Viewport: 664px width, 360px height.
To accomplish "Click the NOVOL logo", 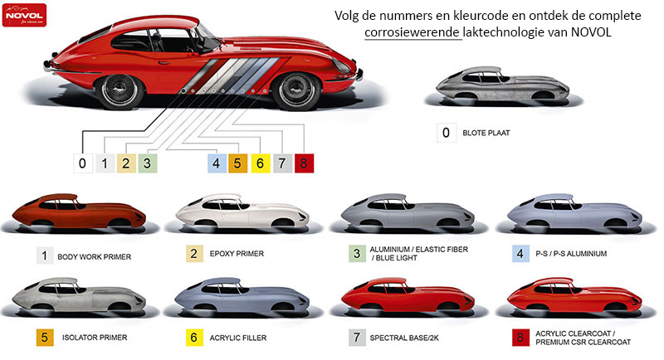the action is (x=24, y=15).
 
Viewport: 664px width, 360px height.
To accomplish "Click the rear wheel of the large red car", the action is (x=120, y=90).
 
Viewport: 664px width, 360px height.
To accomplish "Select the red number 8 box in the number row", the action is (x=304, y=163).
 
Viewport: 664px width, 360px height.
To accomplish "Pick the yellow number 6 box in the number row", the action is (x=261, y=163).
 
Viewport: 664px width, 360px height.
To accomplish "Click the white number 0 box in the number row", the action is (x=82, y=163).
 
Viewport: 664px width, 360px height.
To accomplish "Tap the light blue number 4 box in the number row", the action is (x=217, y=163).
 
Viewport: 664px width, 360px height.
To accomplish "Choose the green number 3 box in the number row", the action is (x=148, y=163).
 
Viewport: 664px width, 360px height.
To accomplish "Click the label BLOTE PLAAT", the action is (x=486, y=133).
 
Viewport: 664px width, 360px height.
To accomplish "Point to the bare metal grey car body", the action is (x=503, y=84).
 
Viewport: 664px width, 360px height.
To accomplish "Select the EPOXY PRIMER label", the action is (x=237, y=254).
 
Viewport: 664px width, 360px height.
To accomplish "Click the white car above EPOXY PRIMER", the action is (x=242, y=212).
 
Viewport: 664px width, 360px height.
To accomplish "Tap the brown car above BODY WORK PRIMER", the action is (x=79, y=212).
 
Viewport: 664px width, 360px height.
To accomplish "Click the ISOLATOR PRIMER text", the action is (x=95, y=338).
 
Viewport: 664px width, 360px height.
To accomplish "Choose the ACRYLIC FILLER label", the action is (x=238, y=338).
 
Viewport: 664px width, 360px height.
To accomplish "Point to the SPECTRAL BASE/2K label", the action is (x=404, y=338).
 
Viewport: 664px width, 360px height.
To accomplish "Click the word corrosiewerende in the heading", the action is (x=413, y=32).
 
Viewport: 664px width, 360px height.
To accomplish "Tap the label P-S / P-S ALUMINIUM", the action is (x=571, y=254).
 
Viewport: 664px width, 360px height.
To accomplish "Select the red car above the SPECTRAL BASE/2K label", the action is (x=408, y=295).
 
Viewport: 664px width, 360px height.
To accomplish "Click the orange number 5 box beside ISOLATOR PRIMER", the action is (x=45, y=338).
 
